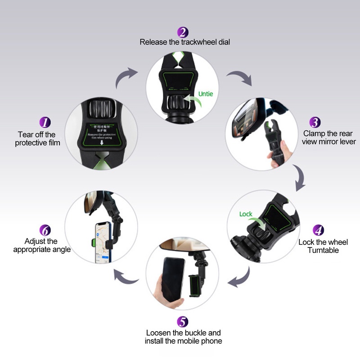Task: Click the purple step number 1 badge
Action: pos(45,122)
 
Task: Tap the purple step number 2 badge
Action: pos(183,32)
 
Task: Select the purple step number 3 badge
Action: pos(315,122)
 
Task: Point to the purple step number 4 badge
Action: pos(318,230)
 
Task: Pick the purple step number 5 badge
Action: pos(183,322)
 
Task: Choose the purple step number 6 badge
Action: pos(45,230)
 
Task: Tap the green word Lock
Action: pos(246,214)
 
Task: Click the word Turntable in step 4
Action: pos(323,250)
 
